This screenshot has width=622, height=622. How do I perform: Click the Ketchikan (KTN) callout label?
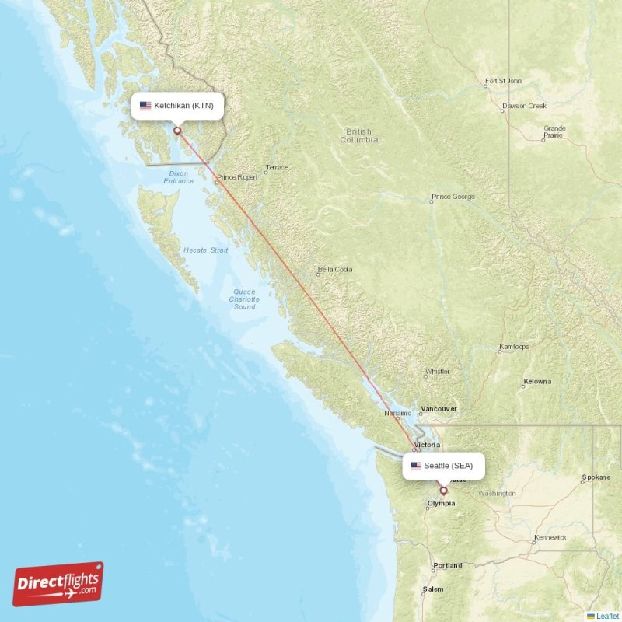point(178,105)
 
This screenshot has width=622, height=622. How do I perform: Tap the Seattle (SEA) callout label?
point(443,466)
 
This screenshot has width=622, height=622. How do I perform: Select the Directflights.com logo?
point(58,584)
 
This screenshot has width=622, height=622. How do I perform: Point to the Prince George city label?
point(453,197)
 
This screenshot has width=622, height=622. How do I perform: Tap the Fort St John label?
point(503,81)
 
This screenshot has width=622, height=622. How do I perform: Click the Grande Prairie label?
point(554,131)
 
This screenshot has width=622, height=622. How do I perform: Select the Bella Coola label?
point(334,270)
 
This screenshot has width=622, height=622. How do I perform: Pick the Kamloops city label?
point(513,347)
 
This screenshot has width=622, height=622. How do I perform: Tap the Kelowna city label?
point(537,382)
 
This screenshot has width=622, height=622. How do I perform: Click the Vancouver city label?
point(439,408)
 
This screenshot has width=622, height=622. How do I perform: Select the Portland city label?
point(448,565)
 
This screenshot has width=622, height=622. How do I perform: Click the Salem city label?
point(433,589)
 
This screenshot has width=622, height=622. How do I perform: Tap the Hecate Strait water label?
point(205,250)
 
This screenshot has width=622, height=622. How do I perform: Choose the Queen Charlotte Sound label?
point(243,299)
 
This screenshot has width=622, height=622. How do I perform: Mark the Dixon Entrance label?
point(178,177)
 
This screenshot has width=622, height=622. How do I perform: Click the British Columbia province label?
point(359,136)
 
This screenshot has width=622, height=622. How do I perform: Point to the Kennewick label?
point(550,538)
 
